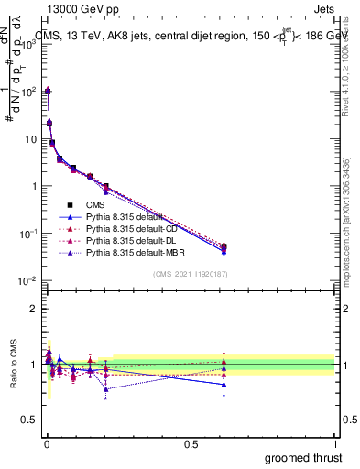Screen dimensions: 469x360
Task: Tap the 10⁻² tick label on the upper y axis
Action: [x=28, y=280]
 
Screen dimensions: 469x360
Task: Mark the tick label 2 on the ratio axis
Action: [x=34, y=309]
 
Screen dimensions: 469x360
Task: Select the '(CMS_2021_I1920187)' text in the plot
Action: [x=190, y=275]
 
